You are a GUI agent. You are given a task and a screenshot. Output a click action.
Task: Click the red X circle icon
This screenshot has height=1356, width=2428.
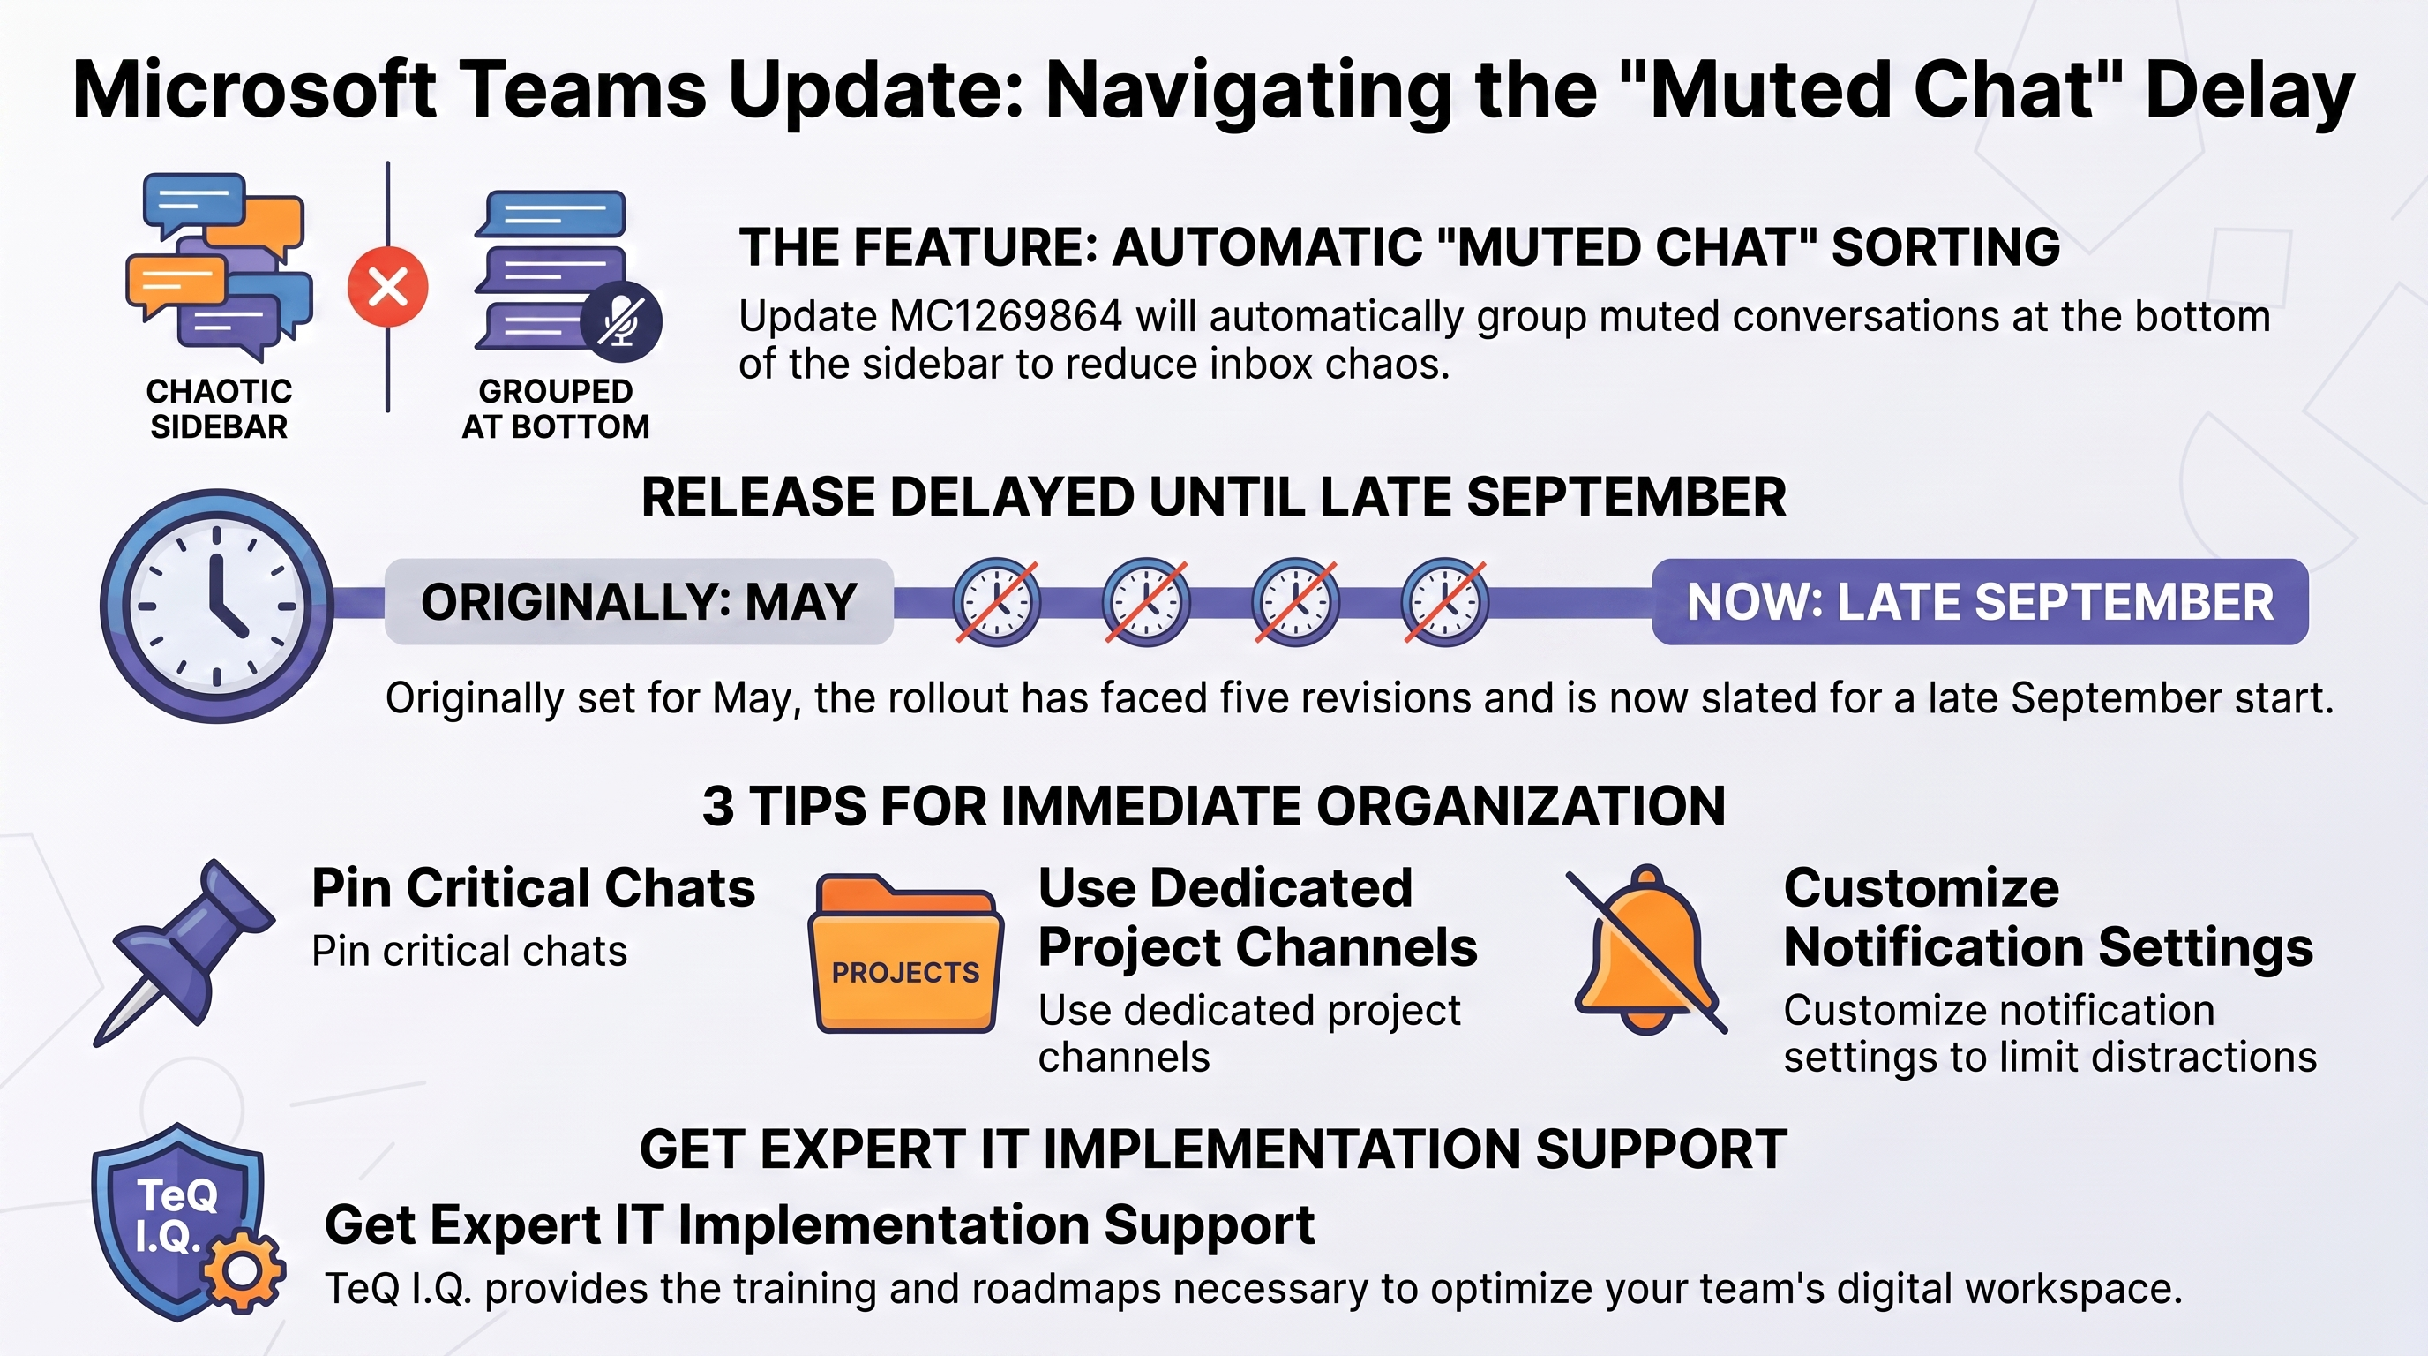point(387,287)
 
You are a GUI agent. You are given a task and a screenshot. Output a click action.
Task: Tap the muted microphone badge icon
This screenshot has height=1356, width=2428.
point(620,321)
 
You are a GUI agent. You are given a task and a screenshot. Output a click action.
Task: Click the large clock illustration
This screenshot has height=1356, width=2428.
point(217,606)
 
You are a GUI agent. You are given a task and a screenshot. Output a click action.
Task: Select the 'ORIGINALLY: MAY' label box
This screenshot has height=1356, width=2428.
point(639,601)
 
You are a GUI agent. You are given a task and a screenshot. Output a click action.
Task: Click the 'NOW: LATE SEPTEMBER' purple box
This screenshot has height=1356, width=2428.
point(1981,601)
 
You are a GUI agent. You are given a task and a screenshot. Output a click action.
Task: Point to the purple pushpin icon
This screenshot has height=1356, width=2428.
point(184,953)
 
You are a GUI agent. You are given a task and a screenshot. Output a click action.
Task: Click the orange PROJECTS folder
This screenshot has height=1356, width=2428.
point(906,954)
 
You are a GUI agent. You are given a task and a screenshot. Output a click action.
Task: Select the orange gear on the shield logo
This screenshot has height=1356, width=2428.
point(244,1271)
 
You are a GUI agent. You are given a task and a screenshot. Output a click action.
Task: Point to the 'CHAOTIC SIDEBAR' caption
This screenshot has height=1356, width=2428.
point(219,409)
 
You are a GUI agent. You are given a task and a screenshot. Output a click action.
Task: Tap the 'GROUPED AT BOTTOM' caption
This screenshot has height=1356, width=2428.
point(555,409)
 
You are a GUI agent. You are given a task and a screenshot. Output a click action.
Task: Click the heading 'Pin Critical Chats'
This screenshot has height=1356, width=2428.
point(534,887)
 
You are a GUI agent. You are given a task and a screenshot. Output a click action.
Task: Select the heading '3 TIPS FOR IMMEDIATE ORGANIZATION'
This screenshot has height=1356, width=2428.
point(1214,806)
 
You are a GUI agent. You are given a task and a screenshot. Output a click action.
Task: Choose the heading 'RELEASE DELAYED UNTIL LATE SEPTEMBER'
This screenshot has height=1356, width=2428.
point(1214,497)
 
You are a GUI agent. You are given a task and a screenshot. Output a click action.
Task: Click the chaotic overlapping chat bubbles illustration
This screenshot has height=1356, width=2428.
point(219,267)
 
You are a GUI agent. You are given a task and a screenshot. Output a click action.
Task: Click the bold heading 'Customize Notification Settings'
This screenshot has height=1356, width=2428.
point(2048,916)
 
